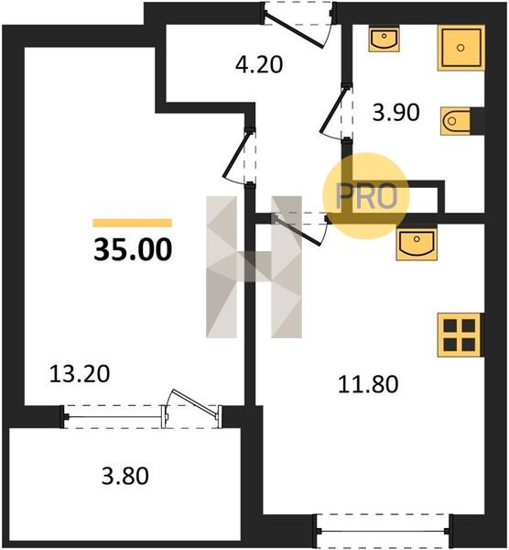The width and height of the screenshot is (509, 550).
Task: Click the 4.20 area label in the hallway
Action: coord(259,65)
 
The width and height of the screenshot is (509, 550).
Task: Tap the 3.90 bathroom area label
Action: coord(395,113)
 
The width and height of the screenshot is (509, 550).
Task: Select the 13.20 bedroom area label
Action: coord(80,374)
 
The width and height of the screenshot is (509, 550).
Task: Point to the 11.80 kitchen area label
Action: coord(368,384)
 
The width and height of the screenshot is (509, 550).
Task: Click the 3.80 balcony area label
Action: coord(125,477)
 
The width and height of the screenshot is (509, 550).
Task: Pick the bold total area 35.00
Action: coord(133,249)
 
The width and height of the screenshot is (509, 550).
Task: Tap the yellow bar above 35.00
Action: coord(133,223)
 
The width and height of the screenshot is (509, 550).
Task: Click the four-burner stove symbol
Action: coord(460,335)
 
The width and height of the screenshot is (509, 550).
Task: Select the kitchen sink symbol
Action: coord(417,244)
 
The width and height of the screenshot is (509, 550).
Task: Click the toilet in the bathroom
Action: coord(455,121)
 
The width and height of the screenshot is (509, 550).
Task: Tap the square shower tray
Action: coord(461,48)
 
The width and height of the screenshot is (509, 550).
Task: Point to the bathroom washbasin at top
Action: coord(384,38)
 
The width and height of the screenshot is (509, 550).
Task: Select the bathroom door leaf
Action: coord(333,109)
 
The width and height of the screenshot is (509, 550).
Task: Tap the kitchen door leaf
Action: coord(298,230)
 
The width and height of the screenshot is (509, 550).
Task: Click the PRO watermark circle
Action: coord(366,196)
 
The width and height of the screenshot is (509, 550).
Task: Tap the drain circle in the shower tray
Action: coord(460,48)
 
